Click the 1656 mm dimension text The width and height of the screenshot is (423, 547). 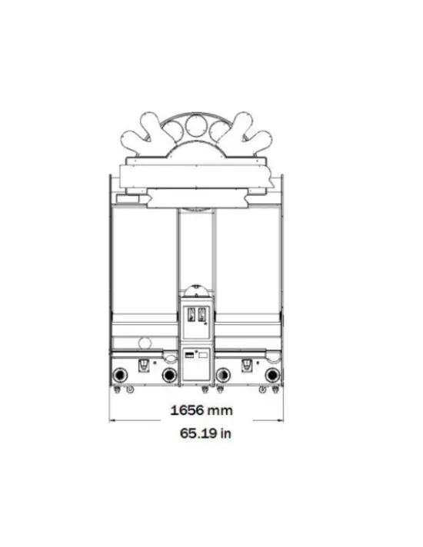(202, 410)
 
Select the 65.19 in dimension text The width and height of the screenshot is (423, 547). (205, 433)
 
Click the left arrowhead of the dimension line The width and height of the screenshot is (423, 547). (112, 420)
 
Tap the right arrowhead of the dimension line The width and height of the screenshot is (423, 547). (280, 420)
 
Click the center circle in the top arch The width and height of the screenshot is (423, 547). (196, 125)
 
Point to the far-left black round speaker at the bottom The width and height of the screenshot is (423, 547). (120, 376)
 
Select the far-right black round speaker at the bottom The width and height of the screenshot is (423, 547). (272, 376)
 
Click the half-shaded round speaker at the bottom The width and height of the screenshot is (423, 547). (223, 376)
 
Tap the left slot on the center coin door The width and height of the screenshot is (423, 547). (192, 314)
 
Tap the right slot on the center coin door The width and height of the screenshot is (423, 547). (202, 314)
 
